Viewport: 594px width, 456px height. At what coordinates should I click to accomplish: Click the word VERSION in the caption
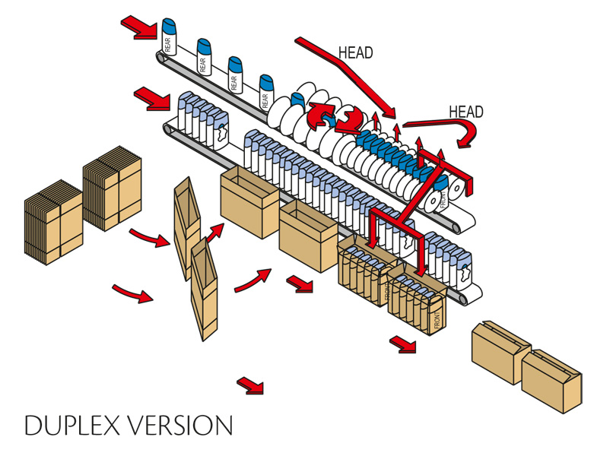pyautogui.click(x=176, y=425)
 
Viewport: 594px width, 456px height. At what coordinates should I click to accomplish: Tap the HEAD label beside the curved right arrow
pyautogui.click(x=465, y=112)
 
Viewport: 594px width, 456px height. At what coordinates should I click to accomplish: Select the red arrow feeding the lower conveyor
pyautogui.click(x=151, y=97)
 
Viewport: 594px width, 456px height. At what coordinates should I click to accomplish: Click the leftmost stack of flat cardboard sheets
pyautogui.click(x=52, y=221)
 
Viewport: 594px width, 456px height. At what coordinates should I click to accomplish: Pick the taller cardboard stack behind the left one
pyautogui.click(x=112, y=188)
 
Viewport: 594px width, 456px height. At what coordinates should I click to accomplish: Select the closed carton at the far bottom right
pyautogui.click(x=551, y=379)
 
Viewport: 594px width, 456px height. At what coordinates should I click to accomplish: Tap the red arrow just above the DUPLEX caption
pyautogui.click(x=249, y=385)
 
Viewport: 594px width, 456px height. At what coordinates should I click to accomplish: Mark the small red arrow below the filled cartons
pyautogui.click(x=403, y=344)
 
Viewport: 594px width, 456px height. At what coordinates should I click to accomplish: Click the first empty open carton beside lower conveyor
pyautogui.click(x=249, y=202)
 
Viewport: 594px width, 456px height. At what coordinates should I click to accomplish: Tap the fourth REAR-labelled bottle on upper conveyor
pyautogui.click(x=265, y=91)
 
